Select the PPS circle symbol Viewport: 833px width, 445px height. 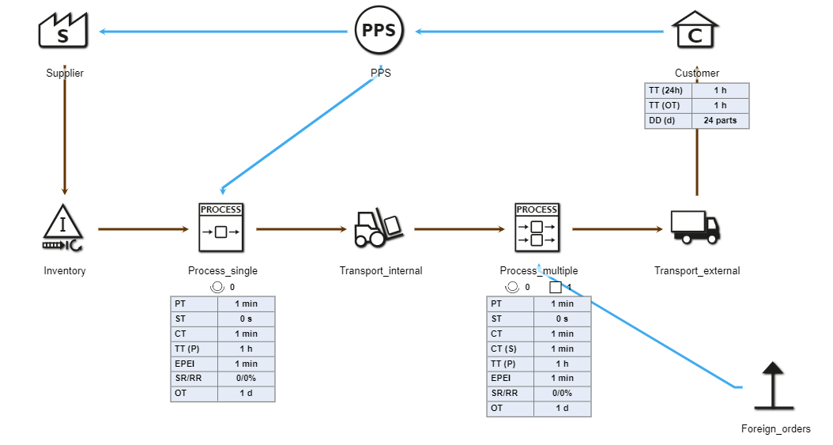click(x=379, y=31)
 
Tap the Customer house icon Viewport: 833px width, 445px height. click(x=696, y=31)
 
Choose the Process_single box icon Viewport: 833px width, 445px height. click(x=221, y=226)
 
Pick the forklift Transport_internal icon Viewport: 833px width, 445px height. click(x=380, y=228)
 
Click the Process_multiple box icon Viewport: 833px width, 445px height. click(x=537, y=226)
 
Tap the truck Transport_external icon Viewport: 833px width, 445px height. click(x=695, y=227)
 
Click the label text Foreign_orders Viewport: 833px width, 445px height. click(x=775, y=429)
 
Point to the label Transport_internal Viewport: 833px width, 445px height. click(x=381, y=271)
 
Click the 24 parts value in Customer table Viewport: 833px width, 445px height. click(x=720, y=121)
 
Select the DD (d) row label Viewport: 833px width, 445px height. click(x=669, y=121)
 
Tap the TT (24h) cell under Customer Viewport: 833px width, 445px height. click(x=669, y=91)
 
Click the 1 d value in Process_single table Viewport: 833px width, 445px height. click(x=246, y=394)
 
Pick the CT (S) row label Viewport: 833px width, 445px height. click(x=510, y=349)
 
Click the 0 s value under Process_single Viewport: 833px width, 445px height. click(x=246, y=319)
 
